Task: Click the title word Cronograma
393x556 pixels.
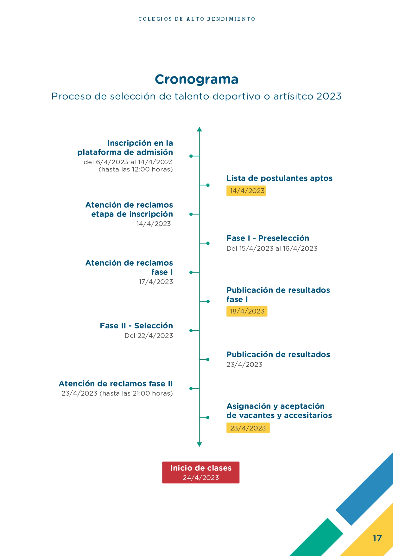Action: [196, 79]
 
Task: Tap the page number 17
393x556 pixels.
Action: [377, 538]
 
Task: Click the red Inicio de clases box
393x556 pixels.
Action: [201, 472]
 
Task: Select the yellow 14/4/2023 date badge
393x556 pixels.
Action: [246, 191]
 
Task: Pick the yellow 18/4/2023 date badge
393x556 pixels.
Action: [247, 311]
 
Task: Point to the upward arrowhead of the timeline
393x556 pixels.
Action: [199, 129]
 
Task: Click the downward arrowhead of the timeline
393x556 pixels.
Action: [199, 444]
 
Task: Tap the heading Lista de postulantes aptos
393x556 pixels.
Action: [279, 178]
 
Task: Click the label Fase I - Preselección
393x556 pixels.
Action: [268, 238]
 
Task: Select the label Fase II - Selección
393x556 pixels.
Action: [136, 326]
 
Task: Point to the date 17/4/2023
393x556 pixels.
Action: [156, 282]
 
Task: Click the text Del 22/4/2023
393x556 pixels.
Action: [149, 336]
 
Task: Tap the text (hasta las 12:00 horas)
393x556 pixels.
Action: [136, 169]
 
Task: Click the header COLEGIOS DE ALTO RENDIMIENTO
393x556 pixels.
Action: [197, 19]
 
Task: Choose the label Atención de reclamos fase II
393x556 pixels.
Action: [116, 384]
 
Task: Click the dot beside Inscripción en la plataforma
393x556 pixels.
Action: [191, 156]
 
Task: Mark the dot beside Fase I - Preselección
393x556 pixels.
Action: [208, 243]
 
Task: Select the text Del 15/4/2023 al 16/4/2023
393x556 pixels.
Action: [272, 249]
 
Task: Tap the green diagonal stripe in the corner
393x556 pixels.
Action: [317, 539]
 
